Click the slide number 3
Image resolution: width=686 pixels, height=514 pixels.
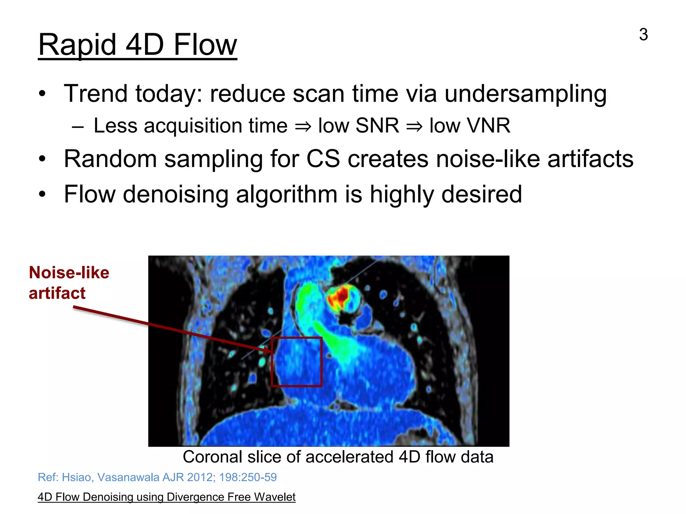643,34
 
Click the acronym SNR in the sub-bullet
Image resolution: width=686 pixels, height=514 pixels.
377,126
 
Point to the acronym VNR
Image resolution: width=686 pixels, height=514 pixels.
470,126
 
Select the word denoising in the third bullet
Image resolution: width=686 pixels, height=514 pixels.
176,194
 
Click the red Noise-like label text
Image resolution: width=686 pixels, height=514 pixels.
69,273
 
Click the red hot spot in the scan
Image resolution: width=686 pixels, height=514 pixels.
342,296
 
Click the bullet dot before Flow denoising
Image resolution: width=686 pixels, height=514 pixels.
42,194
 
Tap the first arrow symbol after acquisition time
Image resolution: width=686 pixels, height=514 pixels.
303,126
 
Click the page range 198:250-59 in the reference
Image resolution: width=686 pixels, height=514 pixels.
248,477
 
